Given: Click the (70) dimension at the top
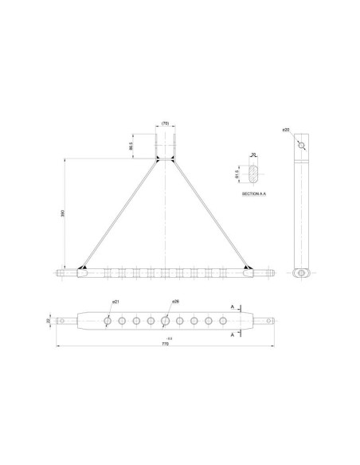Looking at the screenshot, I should (x=165, y=123).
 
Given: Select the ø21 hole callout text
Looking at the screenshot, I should (x=115, y=303).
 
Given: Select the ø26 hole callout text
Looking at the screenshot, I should (x=175, y=303).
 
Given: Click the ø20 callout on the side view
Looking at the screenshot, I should (x=286, y=129).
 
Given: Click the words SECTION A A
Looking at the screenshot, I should (x=254, y=193).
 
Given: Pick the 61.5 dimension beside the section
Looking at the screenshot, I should (x=237, y=173).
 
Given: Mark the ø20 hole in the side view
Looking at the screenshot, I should (x=300, y=146).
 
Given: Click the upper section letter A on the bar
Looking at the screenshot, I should (x=231, y=306).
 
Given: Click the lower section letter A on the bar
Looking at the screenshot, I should (x=231, y=335).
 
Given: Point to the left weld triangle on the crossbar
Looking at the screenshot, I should (x=84, y=268).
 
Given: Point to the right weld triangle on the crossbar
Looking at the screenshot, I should (x=248, y=268).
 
